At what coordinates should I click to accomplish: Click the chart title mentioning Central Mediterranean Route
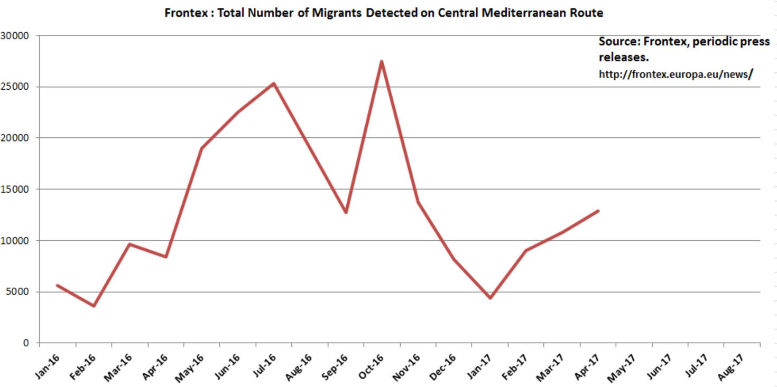[384, 13]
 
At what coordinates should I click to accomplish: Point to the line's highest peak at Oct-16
[381, 62]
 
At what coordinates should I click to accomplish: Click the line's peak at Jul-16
[273, 83]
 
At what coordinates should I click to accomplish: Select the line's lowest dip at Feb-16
[94, 306]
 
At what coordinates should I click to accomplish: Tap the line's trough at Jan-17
[490, 298]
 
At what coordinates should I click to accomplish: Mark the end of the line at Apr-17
[598, 211]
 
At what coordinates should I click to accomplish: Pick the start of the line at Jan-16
[57, 285]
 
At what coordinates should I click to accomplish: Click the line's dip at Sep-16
[346, 212]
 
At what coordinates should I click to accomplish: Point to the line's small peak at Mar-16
[129, 244]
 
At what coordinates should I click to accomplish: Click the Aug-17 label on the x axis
[732, 366]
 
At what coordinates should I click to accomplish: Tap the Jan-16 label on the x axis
[48, 366]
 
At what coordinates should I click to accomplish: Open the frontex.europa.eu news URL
[674, 74]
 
